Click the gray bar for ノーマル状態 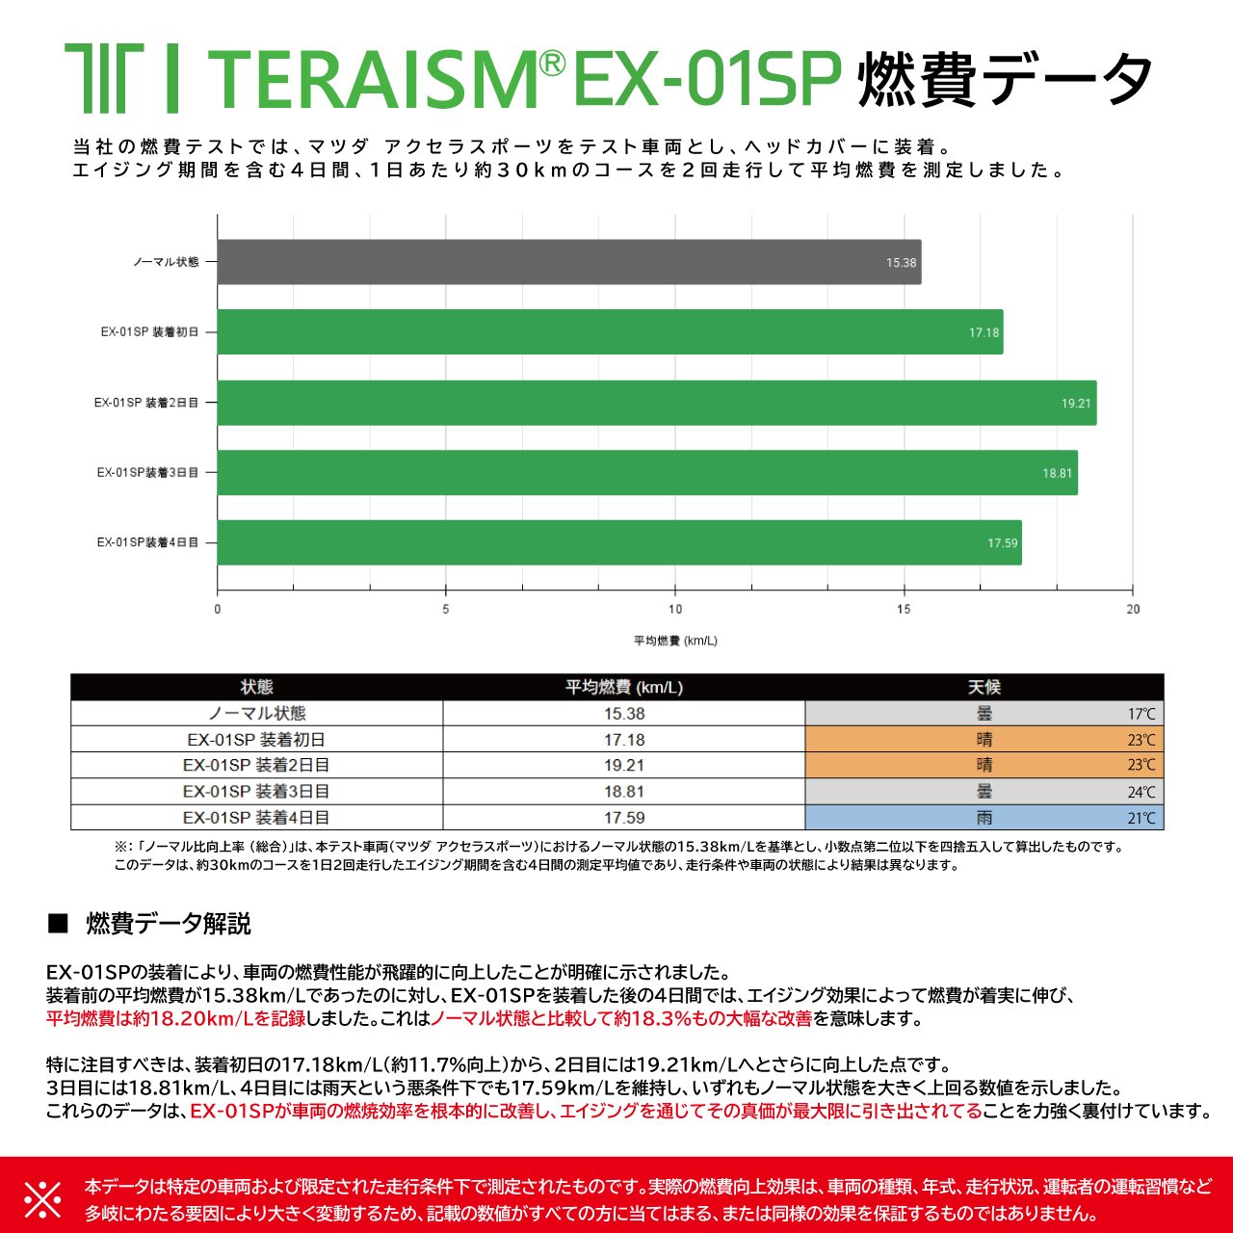coord(568,262)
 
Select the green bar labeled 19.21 coord(655,403)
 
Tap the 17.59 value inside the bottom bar coord(1002,543)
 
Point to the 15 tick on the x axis coord(904,609)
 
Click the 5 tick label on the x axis coord(445,609)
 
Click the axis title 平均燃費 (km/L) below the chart coord(675,641)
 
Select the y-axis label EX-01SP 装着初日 coord(149,332)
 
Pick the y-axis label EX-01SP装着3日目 coord(147,473)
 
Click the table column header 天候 coord(984,687)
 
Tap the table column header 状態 coord(256,687)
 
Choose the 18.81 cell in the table coord(623,791)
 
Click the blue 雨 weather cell coord(984,818)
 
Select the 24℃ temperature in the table coord(1141,793)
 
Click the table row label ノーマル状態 coord(256,714)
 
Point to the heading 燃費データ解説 coord(169,924)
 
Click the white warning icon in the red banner coord(42,1199)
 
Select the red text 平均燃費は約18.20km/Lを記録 coord(175,1018)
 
